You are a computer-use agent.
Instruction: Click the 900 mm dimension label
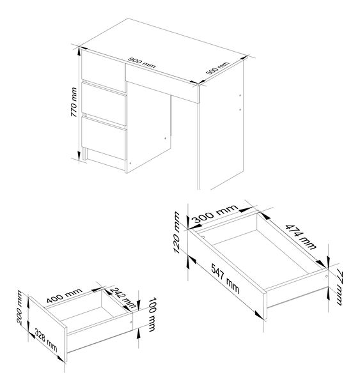coord(141,63)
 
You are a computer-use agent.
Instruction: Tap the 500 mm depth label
coord(217,68)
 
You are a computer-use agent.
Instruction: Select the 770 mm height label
coord(74,102)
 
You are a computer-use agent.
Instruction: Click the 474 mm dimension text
coord(301,237)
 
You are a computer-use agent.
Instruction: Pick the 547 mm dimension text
coord(225,279)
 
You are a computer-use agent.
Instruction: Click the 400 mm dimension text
coord(64,295)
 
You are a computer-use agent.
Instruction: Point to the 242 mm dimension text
coord(123,298)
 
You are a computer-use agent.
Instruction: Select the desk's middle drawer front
coord(104,104)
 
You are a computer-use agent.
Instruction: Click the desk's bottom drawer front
coord(104,139)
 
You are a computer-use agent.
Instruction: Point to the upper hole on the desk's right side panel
coord(240,95)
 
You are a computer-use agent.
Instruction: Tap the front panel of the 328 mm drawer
coord(48,329)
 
